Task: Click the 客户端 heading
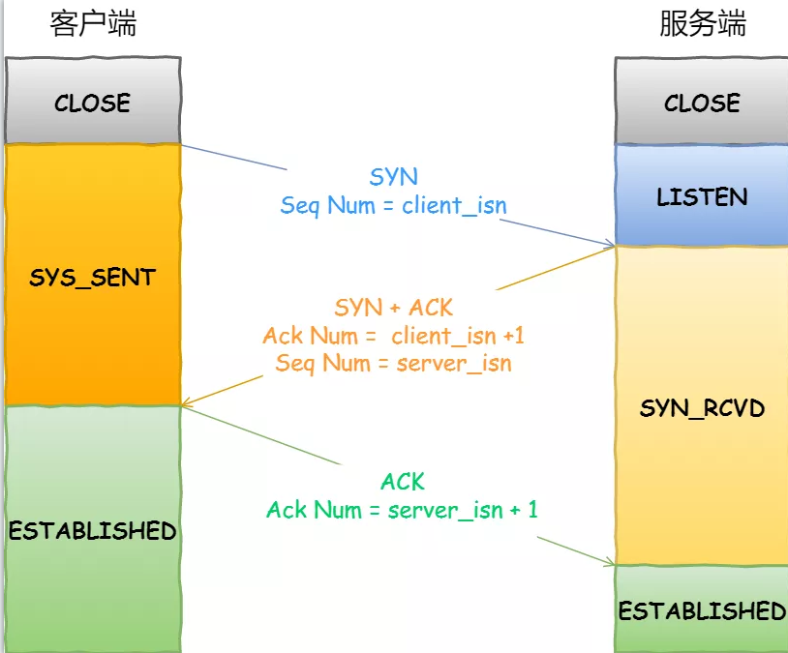point(93,24)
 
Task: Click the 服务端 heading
point(702,24)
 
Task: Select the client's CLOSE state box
point(93,103)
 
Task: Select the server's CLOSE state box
point(702,103)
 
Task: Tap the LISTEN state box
point(702,197)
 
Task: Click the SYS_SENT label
point(93,278)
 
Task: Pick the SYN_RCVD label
point(702,408)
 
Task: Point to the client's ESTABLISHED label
point(93,531)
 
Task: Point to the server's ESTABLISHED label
point(702,611)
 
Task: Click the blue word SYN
point(394,177)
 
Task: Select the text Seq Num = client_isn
point(394,205)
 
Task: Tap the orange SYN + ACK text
point(394,308)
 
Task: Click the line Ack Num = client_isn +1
point(394,336)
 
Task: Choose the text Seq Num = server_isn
point(394,364)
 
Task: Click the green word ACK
point(403,482)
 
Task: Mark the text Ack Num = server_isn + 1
point(403,510)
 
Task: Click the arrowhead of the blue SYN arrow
point(611,245)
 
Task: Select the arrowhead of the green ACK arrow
point(611,564)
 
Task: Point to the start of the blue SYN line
point(184,146)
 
